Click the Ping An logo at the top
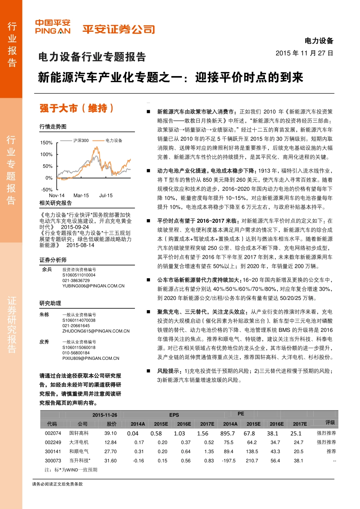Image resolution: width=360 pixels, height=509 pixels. pyautogui.click(x=53, y=27)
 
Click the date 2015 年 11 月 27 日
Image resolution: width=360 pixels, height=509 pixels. pyautogui.click(x=304, y=53)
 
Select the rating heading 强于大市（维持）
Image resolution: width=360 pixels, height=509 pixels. pyautogui.click(x=77, y=109)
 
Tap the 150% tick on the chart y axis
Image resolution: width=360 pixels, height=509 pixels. pyautogui.click(x=47, y=143)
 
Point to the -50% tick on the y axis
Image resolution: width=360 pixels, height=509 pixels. pyautogui.click(x=47, y=190)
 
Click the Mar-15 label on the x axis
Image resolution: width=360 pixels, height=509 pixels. pyautogui.click(x=81, y=195)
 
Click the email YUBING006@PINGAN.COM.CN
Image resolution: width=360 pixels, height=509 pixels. pyautogui.click(x=93, y=286)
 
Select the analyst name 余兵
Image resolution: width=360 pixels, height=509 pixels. pyautogui.click(x=47, y=269)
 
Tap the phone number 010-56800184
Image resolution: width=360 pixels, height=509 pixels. pyautogui.click(x=76, y=353)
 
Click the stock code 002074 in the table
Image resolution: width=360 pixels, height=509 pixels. pyautogui.click(x=53, y=433)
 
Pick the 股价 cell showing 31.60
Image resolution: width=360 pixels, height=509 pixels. pyautogui.click(x=111, y=461)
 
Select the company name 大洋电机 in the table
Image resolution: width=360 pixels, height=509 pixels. pyautogui.click(x=79, y=442)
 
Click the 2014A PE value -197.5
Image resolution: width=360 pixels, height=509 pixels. pyautogui.click(x=229, y=461)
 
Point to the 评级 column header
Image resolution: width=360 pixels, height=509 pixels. pyautogui.click(x=330, y=422)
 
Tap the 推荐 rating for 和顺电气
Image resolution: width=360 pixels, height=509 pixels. pyautogui.click(x=331, y=451)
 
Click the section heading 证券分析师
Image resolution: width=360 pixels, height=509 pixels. pyautogui.click(x=53, y=260)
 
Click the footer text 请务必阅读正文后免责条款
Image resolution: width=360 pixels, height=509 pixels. pyautogui.click(x=57, y=484)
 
